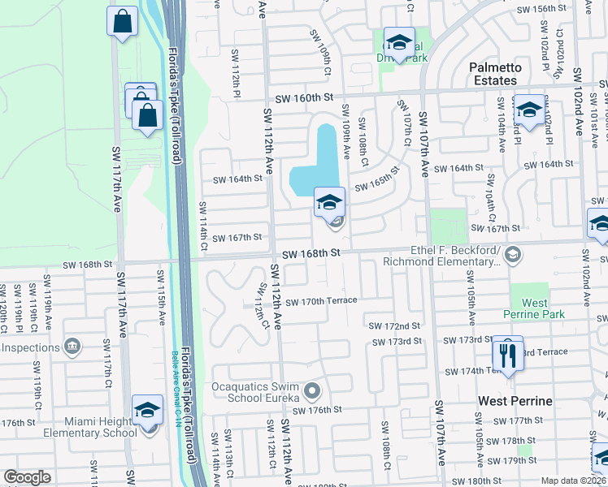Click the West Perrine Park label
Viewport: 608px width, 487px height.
tap(534, 308)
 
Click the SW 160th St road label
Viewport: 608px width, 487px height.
tap(305, 98)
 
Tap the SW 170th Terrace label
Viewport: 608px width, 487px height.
tap(321, 301)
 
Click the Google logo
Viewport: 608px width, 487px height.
tap(27, 477)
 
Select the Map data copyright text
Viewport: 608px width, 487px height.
tap(574, 481)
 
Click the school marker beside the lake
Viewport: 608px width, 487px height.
tap(329, 203)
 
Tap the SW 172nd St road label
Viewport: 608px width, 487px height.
tap(394, 325)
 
